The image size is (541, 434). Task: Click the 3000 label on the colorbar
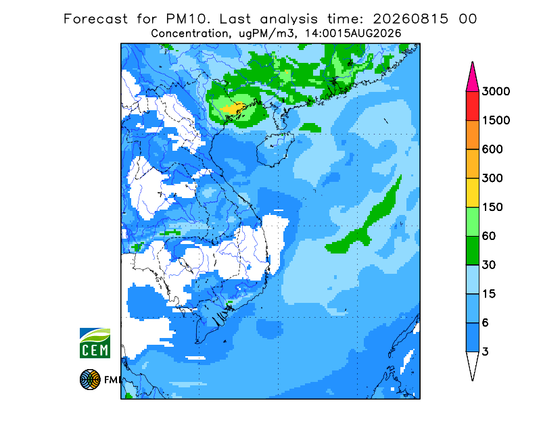point(496,91)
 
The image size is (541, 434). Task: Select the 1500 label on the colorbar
point(496,120)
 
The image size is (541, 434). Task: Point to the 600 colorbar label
point(492,149)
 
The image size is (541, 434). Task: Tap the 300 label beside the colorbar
point(492,178)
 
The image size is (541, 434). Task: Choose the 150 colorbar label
point(492,208)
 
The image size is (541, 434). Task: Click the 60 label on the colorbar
point(489,237)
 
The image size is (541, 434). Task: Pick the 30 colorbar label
point(489,265)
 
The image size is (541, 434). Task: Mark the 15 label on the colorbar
point(489,294)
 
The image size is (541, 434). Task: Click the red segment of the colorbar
point(472,106)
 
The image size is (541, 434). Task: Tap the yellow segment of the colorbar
point(472,193)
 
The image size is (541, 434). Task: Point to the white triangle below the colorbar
point(472,364)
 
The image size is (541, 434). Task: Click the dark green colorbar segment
point(472,251)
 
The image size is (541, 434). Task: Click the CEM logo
point(95,343)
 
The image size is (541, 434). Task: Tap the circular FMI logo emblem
point(90,379)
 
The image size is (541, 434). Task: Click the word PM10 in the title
point(188,19)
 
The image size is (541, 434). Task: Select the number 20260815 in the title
point(411,19)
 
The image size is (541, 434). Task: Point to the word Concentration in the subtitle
point(189,34)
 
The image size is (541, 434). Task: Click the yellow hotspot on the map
point(233,108)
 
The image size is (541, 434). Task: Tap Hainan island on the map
point(275,149)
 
